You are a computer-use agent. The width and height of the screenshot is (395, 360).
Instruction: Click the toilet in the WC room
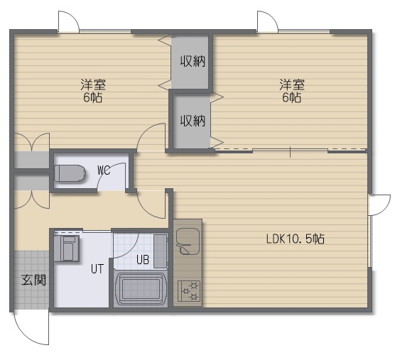(x=70, y=173)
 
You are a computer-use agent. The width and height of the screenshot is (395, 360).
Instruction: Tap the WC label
(x=104, y=171)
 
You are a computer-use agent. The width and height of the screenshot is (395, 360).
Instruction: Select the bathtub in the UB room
(x=141, y=288)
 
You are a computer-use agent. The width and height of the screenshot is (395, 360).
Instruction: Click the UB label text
(x=143, y=260)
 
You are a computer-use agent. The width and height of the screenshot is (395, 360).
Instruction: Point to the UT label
(x=97, y=269)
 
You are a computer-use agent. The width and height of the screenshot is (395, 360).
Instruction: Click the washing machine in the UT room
(x=67, y=249)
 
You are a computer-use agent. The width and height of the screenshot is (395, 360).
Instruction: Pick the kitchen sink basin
(x=188, y=241)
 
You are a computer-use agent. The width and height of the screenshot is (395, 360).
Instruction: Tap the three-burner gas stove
(x=189, y=291)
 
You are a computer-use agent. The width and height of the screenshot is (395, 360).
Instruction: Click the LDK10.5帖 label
(x=296, y=239)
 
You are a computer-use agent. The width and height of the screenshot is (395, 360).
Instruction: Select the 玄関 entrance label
(x=34, y=280)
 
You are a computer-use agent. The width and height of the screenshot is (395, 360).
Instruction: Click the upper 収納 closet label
(x=193, y=61)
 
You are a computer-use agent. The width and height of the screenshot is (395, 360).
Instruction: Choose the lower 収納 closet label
(x=193, y=121)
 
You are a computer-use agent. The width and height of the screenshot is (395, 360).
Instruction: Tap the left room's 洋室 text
(x=93, y=84)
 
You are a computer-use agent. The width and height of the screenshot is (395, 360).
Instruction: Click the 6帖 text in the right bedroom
(x=291, y=97)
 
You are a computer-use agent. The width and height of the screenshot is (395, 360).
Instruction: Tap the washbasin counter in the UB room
(x=161, y=251)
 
